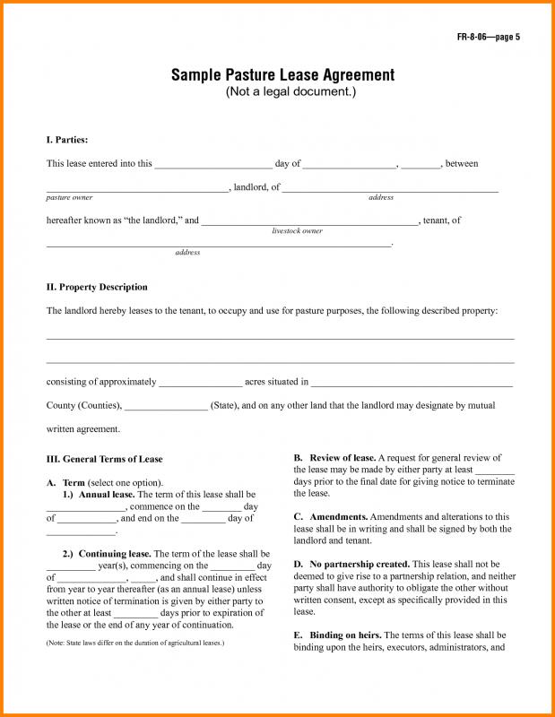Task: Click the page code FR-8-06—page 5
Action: [488, 37]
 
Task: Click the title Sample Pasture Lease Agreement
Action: [282, 75]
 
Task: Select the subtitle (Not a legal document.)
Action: [282, 93]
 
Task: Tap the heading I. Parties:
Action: [67, 140]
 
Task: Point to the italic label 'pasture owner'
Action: [69, 197]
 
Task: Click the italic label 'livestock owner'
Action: [298, 231]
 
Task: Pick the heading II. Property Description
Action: [97, 287]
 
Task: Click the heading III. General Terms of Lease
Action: [105, 459]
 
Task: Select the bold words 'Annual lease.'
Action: [107, 494]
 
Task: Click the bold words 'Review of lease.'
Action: [342, 458]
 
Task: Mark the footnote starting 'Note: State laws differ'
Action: [134, 644]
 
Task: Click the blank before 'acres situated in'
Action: [201, 383]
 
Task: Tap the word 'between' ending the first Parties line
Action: [462, 164]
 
